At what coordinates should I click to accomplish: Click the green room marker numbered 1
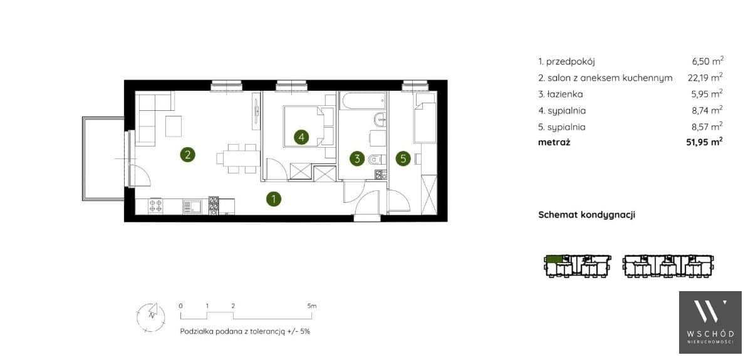273,199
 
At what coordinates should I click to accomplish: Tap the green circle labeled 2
187,154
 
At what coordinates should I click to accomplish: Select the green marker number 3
357,158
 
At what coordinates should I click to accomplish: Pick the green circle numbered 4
301,137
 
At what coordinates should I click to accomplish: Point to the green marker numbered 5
403,158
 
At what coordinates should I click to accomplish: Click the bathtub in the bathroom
363,101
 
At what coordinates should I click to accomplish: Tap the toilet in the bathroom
375,159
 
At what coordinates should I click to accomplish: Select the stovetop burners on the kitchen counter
155,205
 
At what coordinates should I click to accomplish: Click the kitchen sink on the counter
192,206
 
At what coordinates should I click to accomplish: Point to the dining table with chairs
238,158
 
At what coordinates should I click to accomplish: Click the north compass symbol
151,316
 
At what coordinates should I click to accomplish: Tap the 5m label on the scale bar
311,306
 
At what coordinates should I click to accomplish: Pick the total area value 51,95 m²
704,141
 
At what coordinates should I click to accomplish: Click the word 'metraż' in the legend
554,141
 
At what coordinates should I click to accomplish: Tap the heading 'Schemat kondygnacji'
587,215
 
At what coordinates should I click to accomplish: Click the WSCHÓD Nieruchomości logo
710,322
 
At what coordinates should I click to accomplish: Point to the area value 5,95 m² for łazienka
707,94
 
